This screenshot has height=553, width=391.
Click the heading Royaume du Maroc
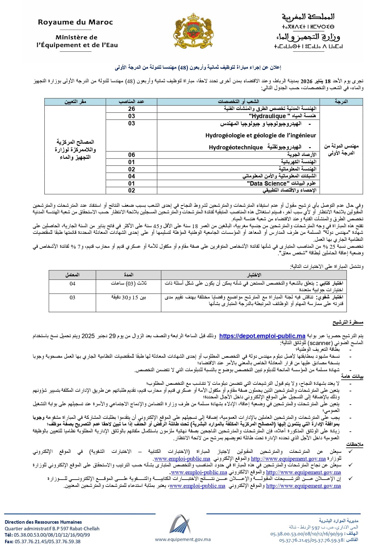coord(75,22)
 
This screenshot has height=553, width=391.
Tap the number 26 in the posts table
coord(131,109)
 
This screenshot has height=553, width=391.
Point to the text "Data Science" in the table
coord(268,183)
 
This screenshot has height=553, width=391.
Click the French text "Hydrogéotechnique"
coord(236,147)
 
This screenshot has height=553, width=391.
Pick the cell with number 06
coord(131,155)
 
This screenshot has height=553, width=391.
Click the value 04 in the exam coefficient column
coord(72,284)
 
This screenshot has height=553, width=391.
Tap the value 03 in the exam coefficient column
coord(72,297)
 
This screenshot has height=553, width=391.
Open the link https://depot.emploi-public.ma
coord(262,336)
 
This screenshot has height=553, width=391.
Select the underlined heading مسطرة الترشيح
coord(348,322)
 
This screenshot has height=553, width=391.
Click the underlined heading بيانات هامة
coord(352,376)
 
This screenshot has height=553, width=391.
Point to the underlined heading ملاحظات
coord(355,444)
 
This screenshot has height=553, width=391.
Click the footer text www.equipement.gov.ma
coord(183,539)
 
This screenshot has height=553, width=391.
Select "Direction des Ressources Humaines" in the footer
coord(43,522)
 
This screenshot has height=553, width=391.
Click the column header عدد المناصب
coord(131,101)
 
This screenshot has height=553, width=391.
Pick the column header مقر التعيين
coord(75,101)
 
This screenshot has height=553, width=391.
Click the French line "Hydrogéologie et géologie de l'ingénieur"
coord(261,135)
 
